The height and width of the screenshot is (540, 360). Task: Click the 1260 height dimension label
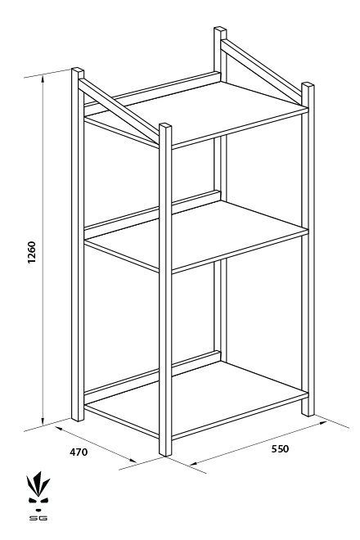coord(31,253)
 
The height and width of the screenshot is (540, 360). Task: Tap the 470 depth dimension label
coord(79,452)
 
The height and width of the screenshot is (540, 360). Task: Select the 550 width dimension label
coord(280,448)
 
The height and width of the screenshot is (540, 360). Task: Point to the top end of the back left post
coord(78,70)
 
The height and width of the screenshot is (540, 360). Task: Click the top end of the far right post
coord(308,85)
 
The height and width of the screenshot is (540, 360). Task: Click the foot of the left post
coord(78,418)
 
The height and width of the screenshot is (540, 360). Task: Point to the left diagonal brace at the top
coord(119,110)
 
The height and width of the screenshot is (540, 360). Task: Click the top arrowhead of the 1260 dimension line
coord(43,79)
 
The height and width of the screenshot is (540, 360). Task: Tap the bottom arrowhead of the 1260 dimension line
coord(43,421)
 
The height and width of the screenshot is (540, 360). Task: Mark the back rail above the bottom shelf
coord(152,373)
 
